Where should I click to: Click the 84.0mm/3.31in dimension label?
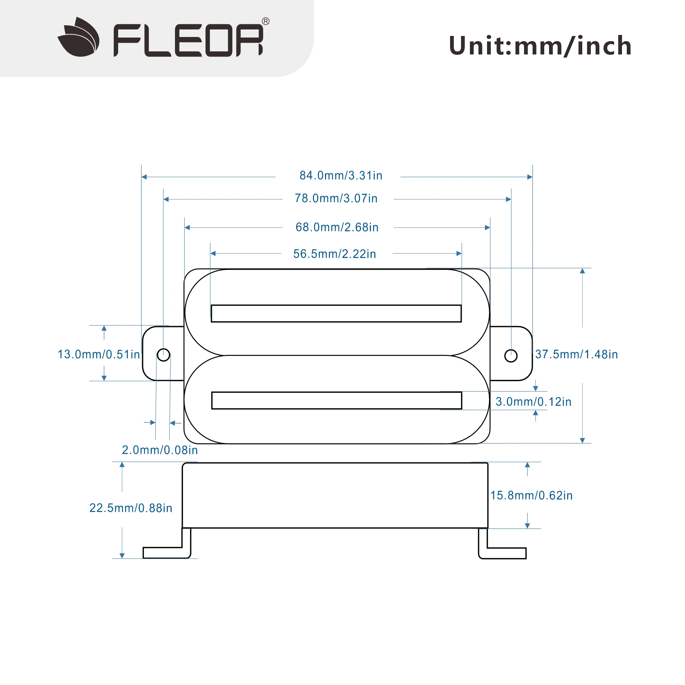[x=341, y=176]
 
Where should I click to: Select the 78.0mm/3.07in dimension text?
[x=336, y=199]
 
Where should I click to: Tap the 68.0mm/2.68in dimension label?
[x=337, y=227]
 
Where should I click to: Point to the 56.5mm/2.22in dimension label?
[x=334, y=254]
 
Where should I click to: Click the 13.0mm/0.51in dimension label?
[x=99, y=354]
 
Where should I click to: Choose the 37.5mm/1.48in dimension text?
[x=576, y=354]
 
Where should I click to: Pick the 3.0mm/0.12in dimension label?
[x=533, y=402]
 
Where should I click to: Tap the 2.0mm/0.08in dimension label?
[x=160, y=450]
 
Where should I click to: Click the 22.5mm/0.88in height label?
[x=130, y=508]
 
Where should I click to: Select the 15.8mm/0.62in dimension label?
[x=531, y=495]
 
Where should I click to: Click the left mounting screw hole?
[x=163, y=354]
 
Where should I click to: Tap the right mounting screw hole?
[x=511, y=356]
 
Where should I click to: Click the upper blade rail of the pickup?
[x=336, y=313]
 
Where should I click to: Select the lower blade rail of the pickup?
[x=336, y=400]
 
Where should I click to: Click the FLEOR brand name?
[x=188, y=40]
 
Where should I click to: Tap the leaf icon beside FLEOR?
[x=79, y=37]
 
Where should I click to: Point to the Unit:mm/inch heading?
[x=540, y=46]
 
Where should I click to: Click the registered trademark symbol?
[x=265, y=21]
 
